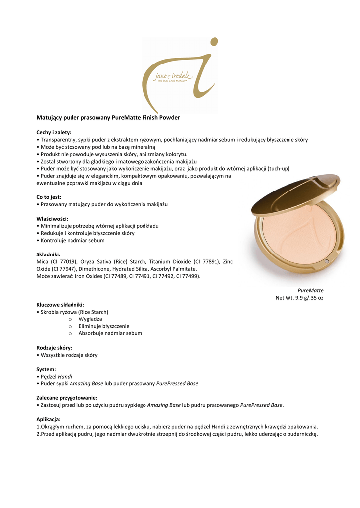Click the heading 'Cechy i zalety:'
[54, 132]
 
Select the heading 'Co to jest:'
[49, 197]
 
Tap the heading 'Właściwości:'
[52, 219]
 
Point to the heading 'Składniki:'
[48, 254]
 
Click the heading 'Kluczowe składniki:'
[60, 304]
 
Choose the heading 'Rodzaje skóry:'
[54, 348]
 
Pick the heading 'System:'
[46, 369]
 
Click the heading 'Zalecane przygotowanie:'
[67, 398]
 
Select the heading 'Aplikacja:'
[48, 419]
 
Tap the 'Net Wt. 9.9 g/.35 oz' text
[299, 298]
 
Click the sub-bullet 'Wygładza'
[90, 319]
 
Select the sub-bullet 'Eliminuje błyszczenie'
[104, 326]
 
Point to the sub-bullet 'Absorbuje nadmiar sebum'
[110, 333]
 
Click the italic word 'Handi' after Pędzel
[65, 377]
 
